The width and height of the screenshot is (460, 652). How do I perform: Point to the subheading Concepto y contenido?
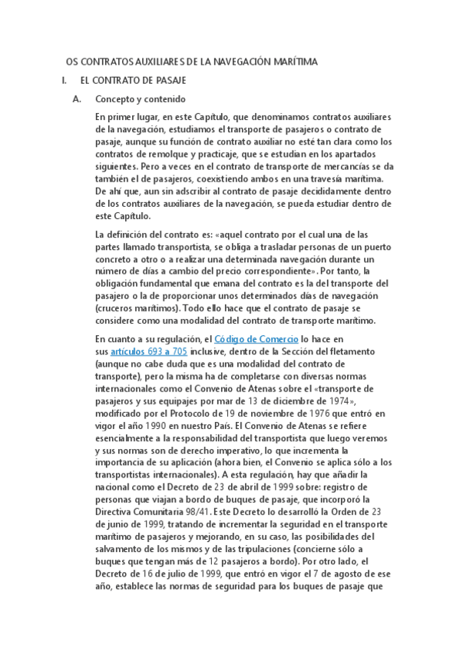click(x=140, y=99)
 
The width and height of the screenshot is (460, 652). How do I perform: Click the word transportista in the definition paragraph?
click(x=166, y=246)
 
